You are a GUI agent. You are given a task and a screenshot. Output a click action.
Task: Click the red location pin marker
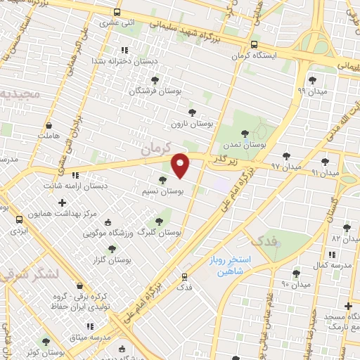pyautogui.click(x=181, y=165)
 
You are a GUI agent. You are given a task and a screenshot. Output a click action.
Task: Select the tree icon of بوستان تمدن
pyautogui.click(x=245, y=133)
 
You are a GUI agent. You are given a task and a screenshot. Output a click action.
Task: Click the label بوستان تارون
pyautogui.click(x=192, y=123)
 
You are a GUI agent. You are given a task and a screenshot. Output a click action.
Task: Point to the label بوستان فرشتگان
pyautogui.click(x=155, y=91)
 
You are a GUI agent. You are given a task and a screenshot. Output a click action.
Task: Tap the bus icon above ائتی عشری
pyautogui.click(x=116, y=12)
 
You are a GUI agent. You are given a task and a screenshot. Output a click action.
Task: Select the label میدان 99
pyautogui.click(x=311, y=91)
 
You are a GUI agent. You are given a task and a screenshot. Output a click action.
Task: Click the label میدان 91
pyautogui.click(x=325, y=172)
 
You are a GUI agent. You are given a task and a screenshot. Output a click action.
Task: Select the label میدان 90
pyautogui.click(x=296, y=285)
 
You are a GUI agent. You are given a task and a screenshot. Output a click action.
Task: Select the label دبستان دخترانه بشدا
pyautogui.click(x=122, y=61)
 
